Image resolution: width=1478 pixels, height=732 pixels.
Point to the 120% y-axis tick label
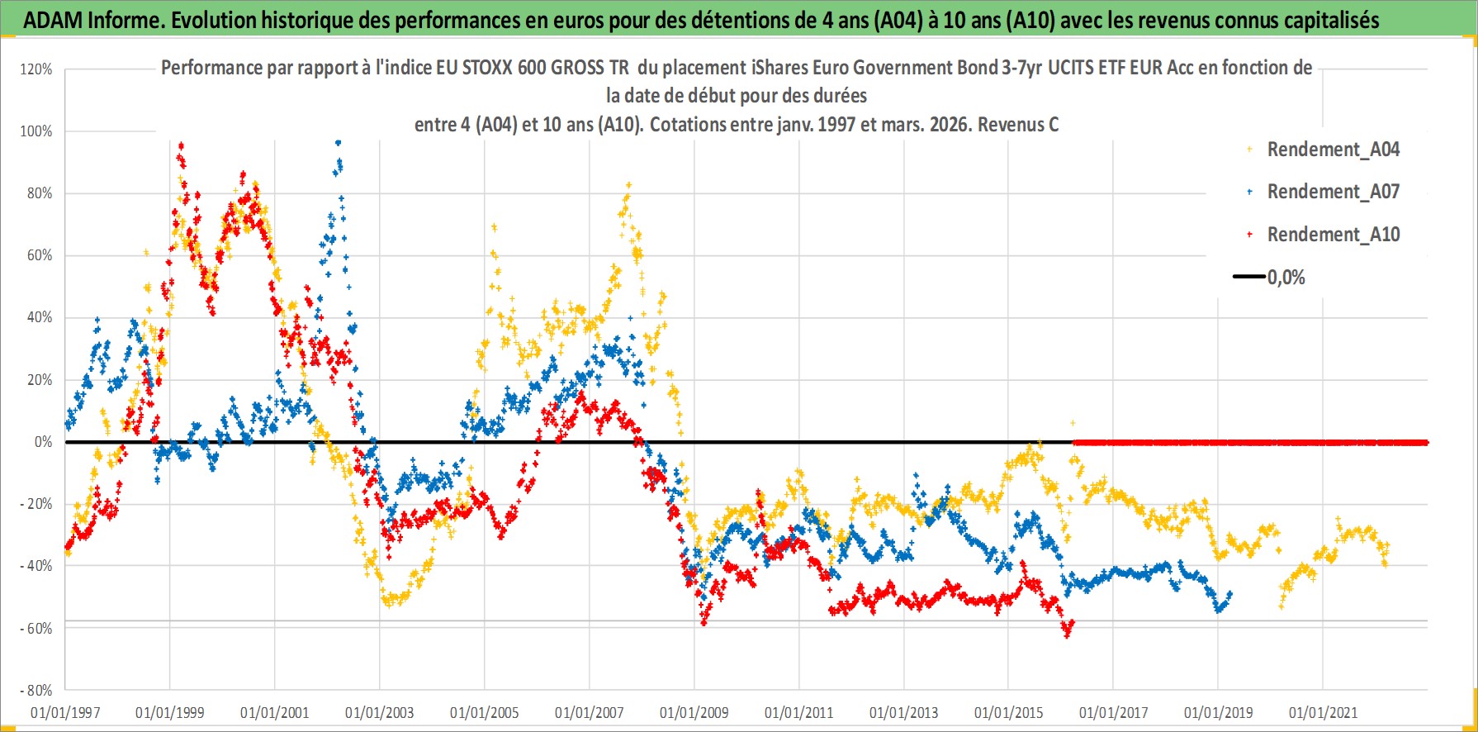coord(36,69)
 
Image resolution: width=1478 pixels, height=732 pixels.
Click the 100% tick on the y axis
coord(36,131)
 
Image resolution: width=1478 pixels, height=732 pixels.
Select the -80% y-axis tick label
coord(36,691)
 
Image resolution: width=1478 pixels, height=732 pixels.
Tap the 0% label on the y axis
coord(43,442)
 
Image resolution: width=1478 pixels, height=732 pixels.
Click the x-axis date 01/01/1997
coord(65,713)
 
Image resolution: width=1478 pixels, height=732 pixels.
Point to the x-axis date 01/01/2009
coord(694,713)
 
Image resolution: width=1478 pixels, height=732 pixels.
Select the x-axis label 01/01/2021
coord(1323,713)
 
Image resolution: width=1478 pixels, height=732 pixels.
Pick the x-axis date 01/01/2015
coord(1009,713)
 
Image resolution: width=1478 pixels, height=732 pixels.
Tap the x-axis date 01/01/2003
coord(380,713)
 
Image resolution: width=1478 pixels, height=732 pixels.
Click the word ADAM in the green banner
coord(52,20)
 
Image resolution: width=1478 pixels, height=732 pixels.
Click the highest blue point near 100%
coord(338,142)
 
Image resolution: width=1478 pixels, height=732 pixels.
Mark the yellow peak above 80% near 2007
coord(629,185)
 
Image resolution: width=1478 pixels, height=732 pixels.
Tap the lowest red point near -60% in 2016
coord(1067,635)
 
